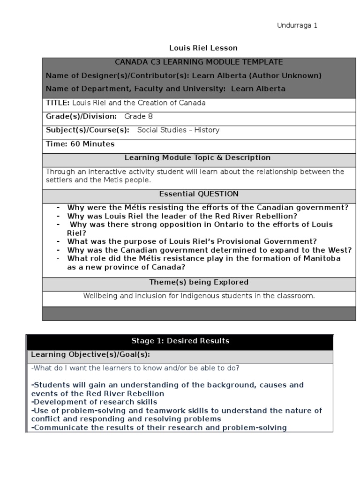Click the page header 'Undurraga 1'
tap(297, 26)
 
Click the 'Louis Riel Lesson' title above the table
tap(203, 48)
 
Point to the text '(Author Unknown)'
tap(292, 75)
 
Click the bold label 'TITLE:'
tap(58, 103)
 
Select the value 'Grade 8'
tap(138, 116)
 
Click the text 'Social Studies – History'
tap(178, 130)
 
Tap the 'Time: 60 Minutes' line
tap(80, 144)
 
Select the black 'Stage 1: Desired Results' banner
tap(180, 341)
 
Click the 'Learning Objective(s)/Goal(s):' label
tap(90, 355)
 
